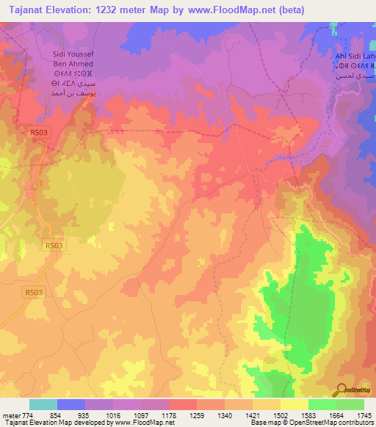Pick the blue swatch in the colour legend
71,404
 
